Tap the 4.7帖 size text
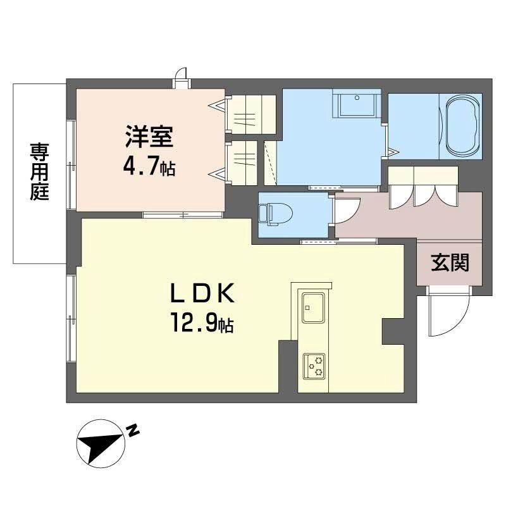(149, 168)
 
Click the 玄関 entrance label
(450, 262)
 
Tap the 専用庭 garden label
(39, 172)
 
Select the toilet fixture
(271, 213)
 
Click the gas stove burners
(313, 364)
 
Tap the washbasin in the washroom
(356, 104)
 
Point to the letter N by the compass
(133, 431)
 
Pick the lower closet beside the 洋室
(242, 163)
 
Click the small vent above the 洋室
(183, 77)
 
